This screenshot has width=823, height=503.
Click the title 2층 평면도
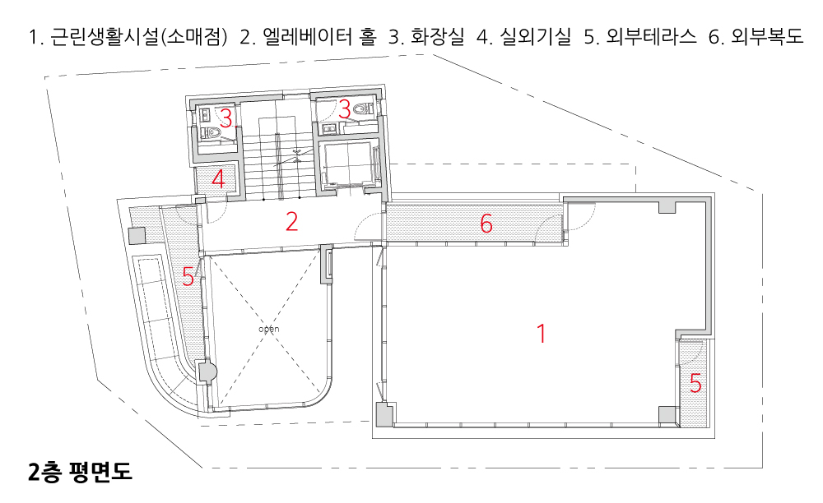(x=79, y=473)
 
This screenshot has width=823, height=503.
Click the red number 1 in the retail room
(x=541, y=334)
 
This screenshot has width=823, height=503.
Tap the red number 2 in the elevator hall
(x=291, y=222)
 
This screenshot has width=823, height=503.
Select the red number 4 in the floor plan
(x=219, y=179)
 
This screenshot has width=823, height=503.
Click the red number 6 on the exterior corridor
(x=486, y=223)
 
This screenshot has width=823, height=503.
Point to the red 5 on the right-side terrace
(x=695, y=384)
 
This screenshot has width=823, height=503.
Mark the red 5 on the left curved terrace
(x=188, y=278)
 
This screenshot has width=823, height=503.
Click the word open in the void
(x=269, y=329)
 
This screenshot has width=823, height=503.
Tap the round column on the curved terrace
(x=206, y=371)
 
